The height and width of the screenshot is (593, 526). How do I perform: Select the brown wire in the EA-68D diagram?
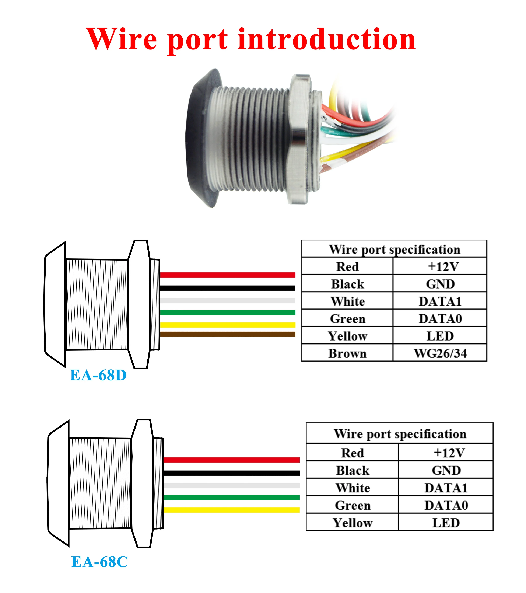click(228, 334)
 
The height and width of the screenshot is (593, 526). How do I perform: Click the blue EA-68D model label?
click(98, 375)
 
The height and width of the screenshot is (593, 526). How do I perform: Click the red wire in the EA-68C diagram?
click(231, 460)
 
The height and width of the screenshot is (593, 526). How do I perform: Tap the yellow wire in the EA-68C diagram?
click(231, 510)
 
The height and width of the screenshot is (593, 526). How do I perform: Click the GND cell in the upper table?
click(440, 284)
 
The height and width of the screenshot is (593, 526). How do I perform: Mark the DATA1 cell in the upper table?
click(440, 301)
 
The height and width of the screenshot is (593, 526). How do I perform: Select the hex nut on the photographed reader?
click(299, 139)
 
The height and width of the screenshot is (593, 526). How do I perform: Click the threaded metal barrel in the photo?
click(249, 139)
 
